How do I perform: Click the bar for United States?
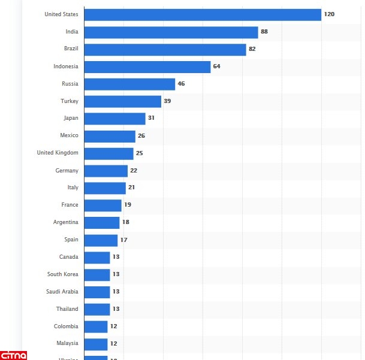[203, 14]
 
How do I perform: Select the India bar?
[171, 32]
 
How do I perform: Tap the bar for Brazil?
[165, 49]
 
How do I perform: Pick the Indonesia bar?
[147, 66]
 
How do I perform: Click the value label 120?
[329, 14]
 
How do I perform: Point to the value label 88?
[264, 31]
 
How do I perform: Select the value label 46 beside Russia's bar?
[181, 84]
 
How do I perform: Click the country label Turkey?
[70, 101]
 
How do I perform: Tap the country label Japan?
[71, 119]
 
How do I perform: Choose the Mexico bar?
[110, 136]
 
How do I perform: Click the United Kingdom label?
[58, 153]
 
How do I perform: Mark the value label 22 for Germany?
[134, 171]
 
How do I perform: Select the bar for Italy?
[105, 188]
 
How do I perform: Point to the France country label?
[70, 205]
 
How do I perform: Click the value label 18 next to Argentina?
[126, 222]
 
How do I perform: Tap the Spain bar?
[101, 240]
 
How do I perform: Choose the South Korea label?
[63, 274]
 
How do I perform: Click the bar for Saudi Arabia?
[97, 292]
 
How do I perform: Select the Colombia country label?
[66, 326]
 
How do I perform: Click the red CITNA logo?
[13, 354]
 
